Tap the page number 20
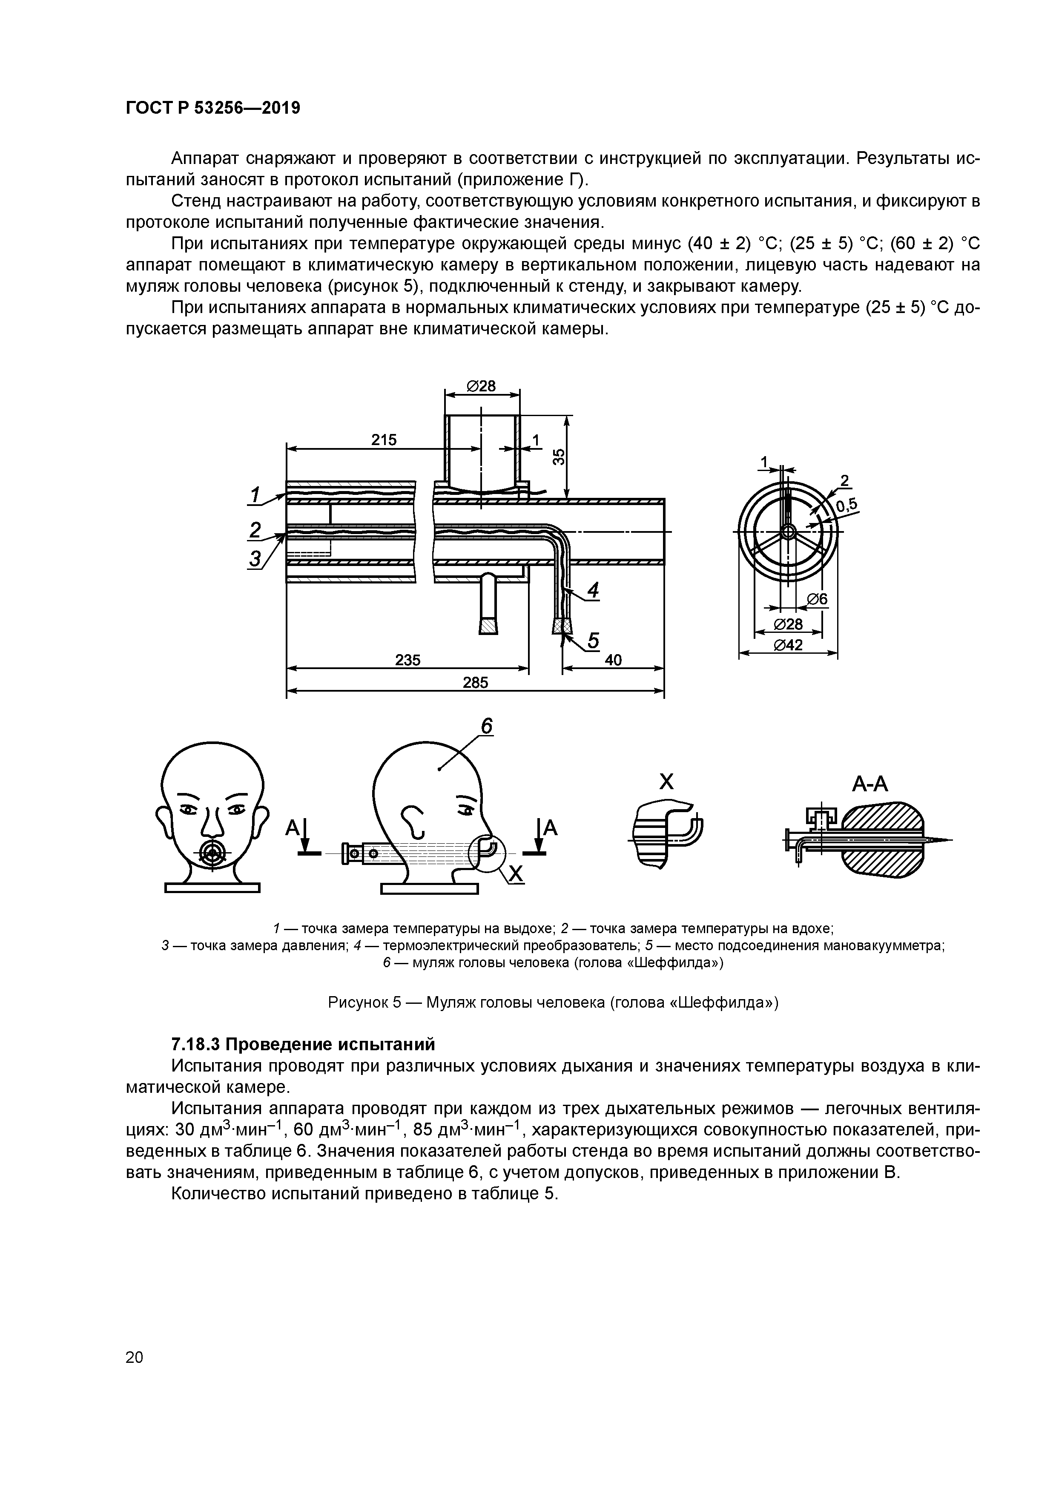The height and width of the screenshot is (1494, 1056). (135, 1339)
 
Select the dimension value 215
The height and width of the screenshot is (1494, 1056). (384, 440)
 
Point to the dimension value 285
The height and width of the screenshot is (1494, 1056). (475, 683)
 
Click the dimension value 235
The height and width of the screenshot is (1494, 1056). (408, 661)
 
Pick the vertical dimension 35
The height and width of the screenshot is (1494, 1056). (558, 456)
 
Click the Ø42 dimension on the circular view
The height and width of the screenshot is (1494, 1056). (788, 644)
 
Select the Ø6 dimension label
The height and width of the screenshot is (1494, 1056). (817, 599)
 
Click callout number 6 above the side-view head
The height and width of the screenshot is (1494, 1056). (487, 726)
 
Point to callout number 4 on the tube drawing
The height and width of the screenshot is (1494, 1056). (593, 590)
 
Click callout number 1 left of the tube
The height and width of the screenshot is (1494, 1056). (256, 494)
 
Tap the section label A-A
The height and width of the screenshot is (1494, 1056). (870, 784)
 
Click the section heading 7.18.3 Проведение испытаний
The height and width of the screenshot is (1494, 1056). (303, 1044)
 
